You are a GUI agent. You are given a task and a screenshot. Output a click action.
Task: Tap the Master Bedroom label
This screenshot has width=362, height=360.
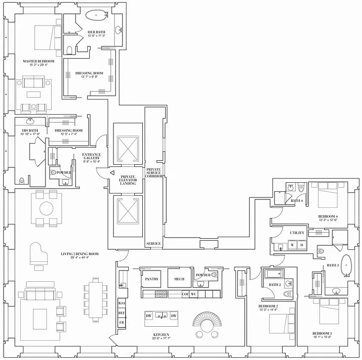coord(38,61)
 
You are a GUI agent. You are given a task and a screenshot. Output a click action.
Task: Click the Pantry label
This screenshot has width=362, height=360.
coord(151,279)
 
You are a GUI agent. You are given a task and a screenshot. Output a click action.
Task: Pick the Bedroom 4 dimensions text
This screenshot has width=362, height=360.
coord(327,220)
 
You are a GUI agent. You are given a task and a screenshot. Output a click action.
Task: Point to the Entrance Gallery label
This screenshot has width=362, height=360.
coord(91,157)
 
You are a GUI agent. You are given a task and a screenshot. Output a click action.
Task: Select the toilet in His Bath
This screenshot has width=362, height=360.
coord(21,181)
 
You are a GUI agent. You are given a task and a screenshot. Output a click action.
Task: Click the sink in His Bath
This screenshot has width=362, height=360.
coord(30,121)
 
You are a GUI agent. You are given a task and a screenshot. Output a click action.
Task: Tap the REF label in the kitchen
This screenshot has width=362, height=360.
coord(121,312)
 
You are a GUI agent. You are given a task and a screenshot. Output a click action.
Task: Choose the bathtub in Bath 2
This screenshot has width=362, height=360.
coord(274,274)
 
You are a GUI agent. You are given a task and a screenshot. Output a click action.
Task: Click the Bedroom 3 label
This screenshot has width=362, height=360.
coord(322,333)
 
